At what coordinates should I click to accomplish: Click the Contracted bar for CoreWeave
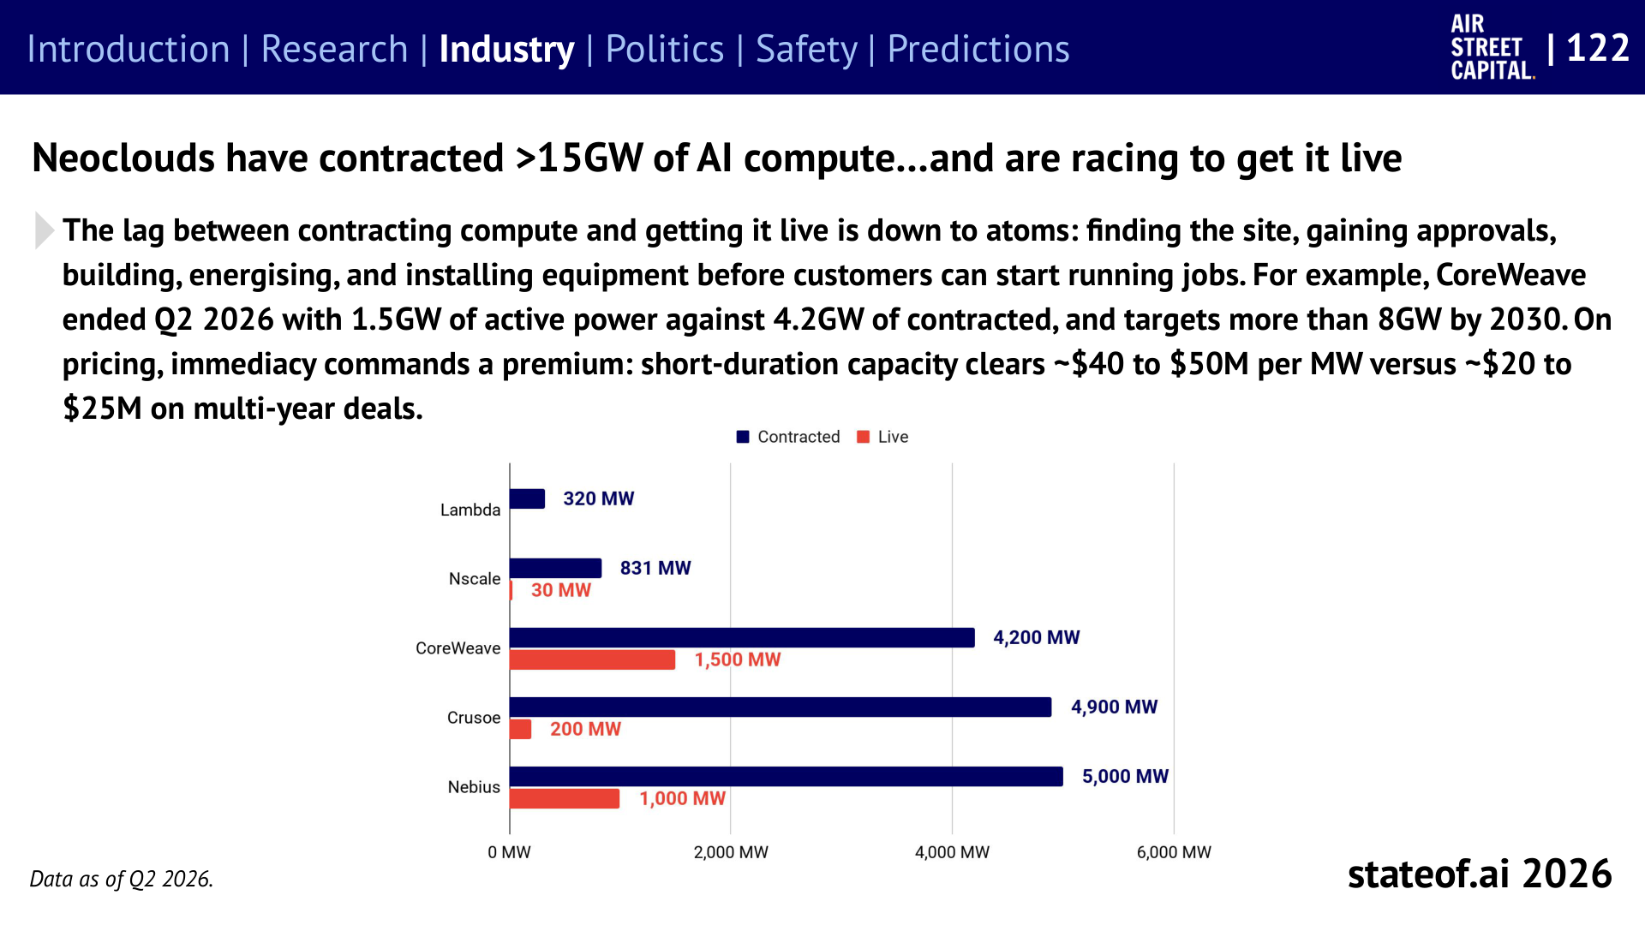click(742, 637)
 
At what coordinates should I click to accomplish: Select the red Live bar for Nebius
click(565, 798)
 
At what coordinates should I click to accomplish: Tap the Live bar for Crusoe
click(521, 729)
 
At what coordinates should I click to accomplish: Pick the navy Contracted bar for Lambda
click(527, 498)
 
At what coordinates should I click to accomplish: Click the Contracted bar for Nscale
click(555, 568)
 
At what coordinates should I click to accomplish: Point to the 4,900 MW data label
click(1114, 707)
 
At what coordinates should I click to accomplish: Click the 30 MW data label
click(561, 590)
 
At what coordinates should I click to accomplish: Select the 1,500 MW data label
click(738, 659)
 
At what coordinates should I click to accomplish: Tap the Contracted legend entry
click(788, 437)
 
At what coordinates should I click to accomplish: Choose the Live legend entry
click(882, 437)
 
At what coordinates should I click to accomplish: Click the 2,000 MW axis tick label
click(731, 852)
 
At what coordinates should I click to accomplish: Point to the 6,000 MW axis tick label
click(1174, 852)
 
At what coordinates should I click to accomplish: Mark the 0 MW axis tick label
click(509, 852)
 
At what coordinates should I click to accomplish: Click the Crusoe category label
click(474, 718)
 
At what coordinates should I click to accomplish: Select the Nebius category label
click(474, 787)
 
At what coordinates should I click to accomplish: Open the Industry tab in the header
click(506, 49)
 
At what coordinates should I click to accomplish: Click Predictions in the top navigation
click(978, 49)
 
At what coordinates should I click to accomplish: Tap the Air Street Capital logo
click(1492, 48)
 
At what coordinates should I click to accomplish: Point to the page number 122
click(1598, 48)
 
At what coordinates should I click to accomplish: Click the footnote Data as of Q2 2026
click(122, 879)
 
